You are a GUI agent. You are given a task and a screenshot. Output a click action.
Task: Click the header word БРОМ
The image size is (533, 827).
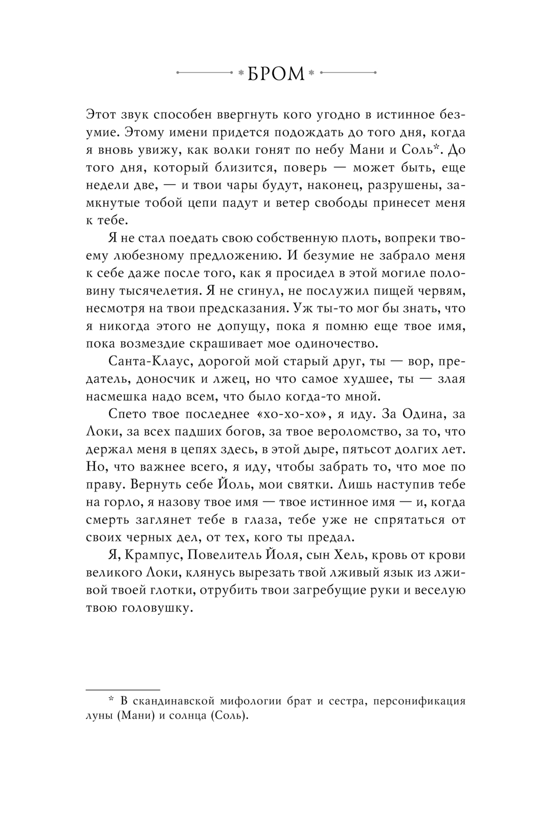[276, 73]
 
